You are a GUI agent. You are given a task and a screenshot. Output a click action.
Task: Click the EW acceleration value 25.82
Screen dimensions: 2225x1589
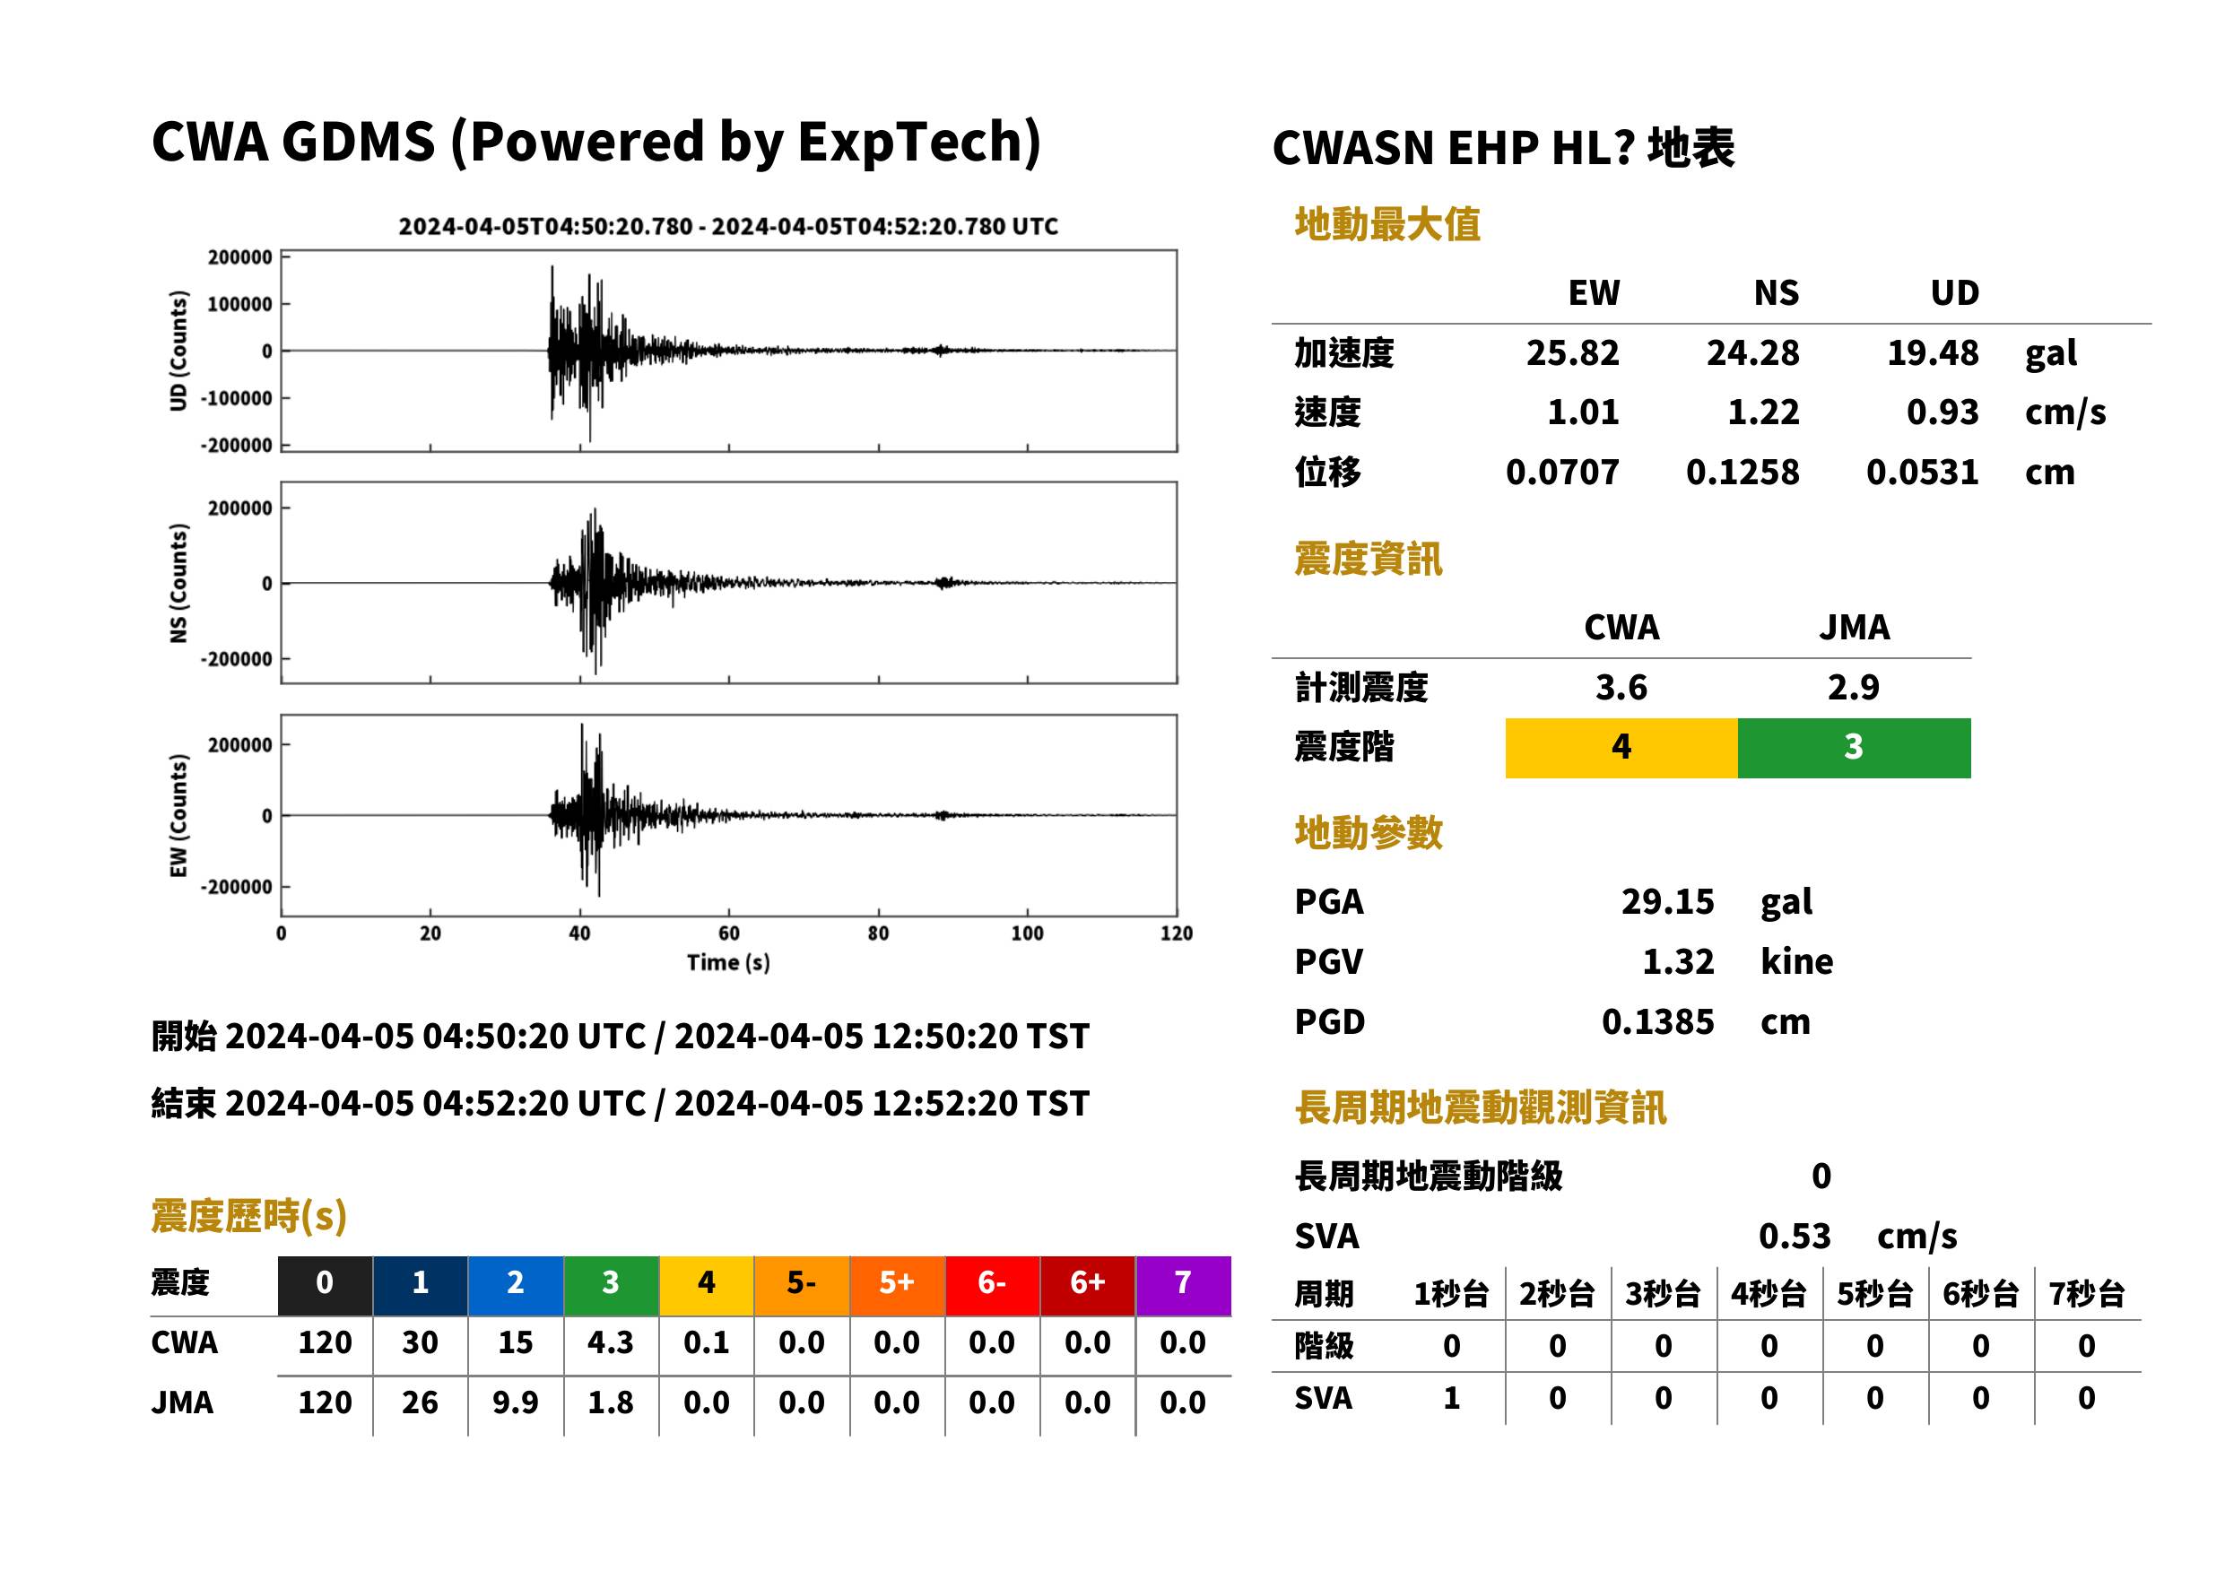click(1571, 352)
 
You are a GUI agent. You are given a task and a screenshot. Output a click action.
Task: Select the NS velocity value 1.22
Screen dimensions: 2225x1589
click(1762, 412)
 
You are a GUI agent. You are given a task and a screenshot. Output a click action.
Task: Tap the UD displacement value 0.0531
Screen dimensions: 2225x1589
click(1922, 472)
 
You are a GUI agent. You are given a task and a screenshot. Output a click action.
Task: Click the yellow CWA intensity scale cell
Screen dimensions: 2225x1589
click(1621, 748)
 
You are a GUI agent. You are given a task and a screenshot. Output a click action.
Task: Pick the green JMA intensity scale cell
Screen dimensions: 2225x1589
click(1853, 748)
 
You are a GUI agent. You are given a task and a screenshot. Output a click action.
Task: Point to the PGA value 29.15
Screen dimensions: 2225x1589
click(1667, 901)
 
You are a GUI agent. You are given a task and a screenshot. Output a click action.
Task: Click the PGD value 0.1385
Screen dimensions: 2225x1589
click(1657, 1021)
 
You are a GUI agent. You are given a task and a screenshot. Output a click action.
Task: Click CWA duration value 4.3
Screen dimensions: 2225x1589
click(611, 1342)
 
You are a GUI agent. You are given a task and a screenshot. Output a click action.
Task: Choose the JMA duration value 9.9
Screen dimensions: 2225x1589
click(516, 1402)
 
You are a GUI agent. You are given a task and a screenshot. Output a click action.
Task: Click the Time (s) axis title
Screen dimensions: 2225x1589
click(728, 963)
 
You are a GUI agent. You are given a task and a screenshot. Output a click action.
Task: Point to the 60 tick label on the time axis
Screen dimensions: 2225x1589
click(729, 933)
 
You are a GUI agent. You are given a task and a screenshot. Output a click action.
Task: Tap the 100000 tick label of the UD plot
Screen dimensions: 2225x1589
click(239, 304)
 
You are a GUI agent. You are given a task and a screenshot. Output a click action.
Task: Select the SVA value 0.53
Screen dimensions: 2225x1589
click(1795, 1236)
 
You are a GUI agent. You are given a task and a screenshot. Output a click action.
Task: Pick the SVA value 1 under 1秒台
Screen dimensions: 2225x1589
click(1452, 1398)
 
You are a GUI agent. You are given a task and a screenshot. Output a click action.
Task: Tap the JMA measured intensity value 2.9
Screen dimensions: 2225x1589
click(1853, 687)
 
